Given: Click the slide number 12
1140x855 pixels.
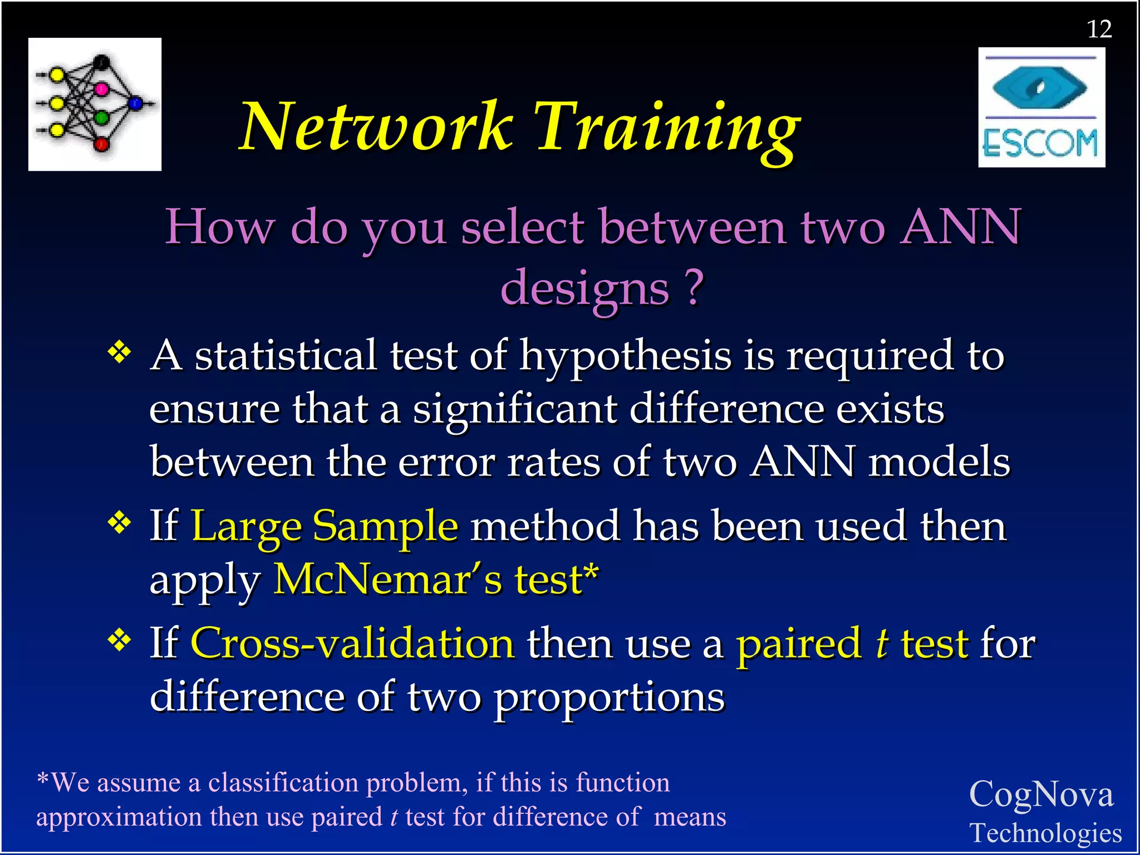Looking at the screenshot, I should (1099, 29).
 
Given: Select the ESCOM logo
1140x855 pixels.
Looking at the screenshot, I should (1041, 107).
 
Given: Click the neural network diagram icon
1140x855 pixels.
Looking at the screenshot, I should (95, 104).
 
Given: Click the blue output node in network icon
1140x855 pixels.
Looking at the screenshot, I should (135, 103).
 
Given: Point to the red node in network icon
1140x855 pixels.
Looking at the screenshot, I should (101, 145).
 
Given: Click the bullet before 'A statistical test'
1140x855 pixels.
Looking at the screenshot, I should (120, 353).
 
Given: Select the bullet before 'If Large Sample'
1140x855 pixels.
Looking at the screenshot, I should (120, 523).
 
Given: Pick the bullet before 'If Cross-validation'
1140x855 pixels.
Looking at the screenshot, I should (120, 641).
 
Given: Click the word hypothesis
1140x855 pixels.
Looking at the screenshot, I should (625, 356).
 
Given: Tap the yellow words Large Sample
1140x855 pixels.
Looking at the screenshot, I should (325, 526).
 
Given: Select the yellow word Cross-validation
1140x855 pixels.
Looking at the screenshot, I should (352, 643).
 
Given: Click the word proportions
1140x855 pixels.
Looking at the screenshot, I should (610, 697).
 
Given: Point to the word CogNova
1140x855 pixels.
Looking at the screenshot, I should (1041, 794).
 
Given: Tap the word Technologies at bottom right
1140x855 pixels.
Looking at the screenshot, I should (1045, 833).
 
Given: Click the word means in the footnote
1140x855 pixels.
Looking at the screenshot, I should (690, 817).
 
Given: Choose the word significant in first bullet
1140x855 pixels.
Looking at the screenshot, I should (515, 410).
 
